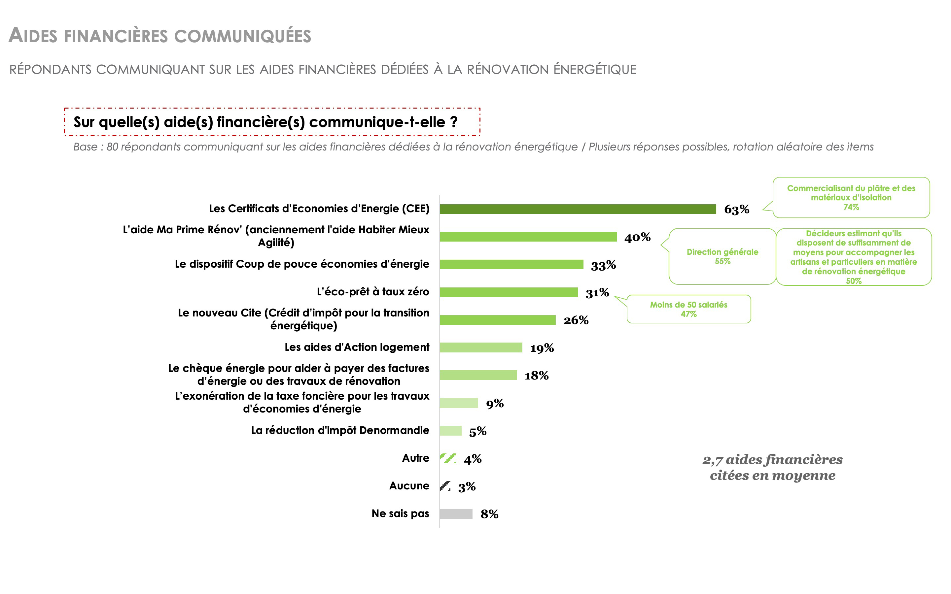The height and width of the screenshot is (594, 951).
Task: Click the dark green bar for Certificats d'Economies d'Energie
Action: click(x=578, y=209)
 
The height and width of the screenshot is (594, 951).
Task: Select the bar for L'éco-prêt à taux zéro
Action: click(x=509, y=292)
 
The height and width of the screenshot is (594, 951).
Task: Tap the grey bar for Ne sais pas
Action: click(x=456, y=514)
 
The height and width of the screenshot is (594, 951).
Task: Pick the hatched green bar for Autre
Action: click(x=448, y=458)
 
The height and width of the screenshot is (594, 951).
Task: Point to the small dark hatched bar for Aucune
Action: click(x=445, y=486)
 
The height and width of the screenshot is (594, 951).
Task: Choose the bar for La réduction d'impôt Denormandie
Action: click(x=450, y=431)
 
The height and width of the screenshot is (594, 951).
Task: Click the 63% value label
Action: click(x=736, y=210)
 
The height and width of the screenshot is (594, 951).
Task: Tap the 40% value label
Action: click(x=637, y=237)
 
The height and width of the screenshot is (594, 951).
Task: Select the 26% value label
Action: click(x=576, y=320)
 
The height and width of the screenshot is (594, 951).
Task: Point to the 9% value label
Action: click(x=495, y=404)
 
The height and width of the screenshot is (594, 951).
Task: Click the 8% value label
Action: click(x=489, y=514)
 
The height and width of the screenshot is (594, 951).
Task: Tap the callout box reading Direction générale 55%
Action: click(x=722, y=256)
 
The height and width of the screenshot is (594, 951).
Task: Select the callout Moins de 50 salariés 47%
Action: click(x=688, y=309)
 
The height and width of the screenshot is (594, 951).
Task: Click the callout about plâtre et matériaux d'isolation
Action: click(x=851, y=198)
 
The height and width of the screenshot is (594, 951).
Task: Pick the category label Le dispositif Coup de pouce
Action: click(x=302, y=264)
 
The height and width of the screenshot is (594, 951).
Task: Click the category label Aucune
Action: click(x=409, y=486)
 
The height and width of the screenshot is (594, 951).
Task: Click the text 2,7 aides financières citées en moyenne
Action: click(x=773, y=468)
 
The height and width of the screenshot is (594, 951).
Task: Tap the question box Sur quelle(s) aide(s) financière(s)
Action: click(x=272, y=122)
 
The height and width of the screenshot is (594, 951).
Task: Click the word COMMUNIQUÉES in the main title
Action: click(x=242, y=36)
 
